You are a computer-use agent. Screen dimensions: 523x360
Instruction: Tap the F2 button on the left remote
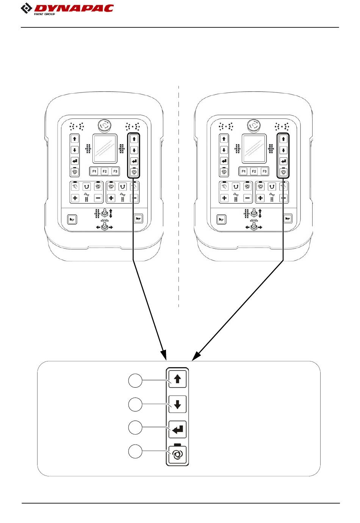pyautogui.click(x=105, y=171)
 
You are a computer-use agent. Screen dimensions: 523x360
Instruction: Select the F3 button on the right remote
pyautogui.click(x=265, y=171)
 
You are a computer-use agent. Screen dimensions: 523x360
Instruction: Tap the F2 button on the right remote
pyautogui.click(x=254, y=171)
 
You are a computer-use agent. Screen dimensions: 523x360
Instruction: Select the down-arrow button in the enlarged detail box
pyautogui.click(x=177, y=404)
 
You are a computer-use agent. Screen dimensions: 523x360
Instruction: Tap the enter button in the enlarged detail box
pyautogui.click(x=177, y=429)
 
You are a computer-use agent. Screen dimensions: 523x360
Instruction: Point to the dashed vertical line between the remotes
pyautogui.click(x=178, y=197)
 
